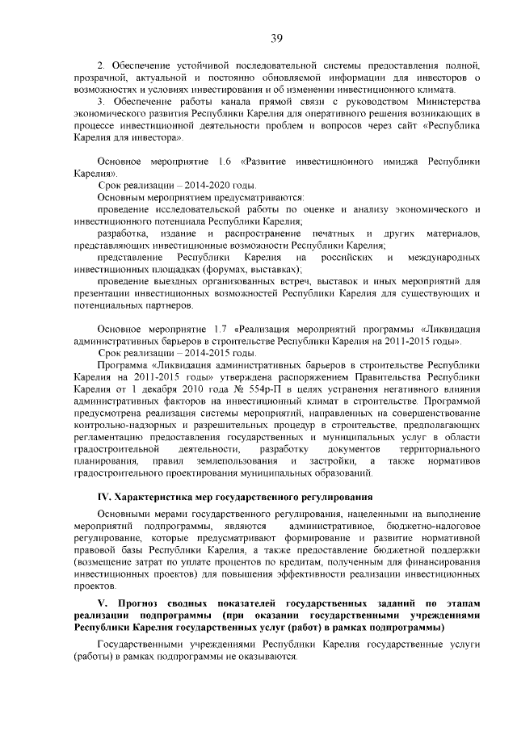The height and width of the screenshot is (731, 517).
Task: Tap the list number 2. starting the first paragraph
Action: click(101, 64)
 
